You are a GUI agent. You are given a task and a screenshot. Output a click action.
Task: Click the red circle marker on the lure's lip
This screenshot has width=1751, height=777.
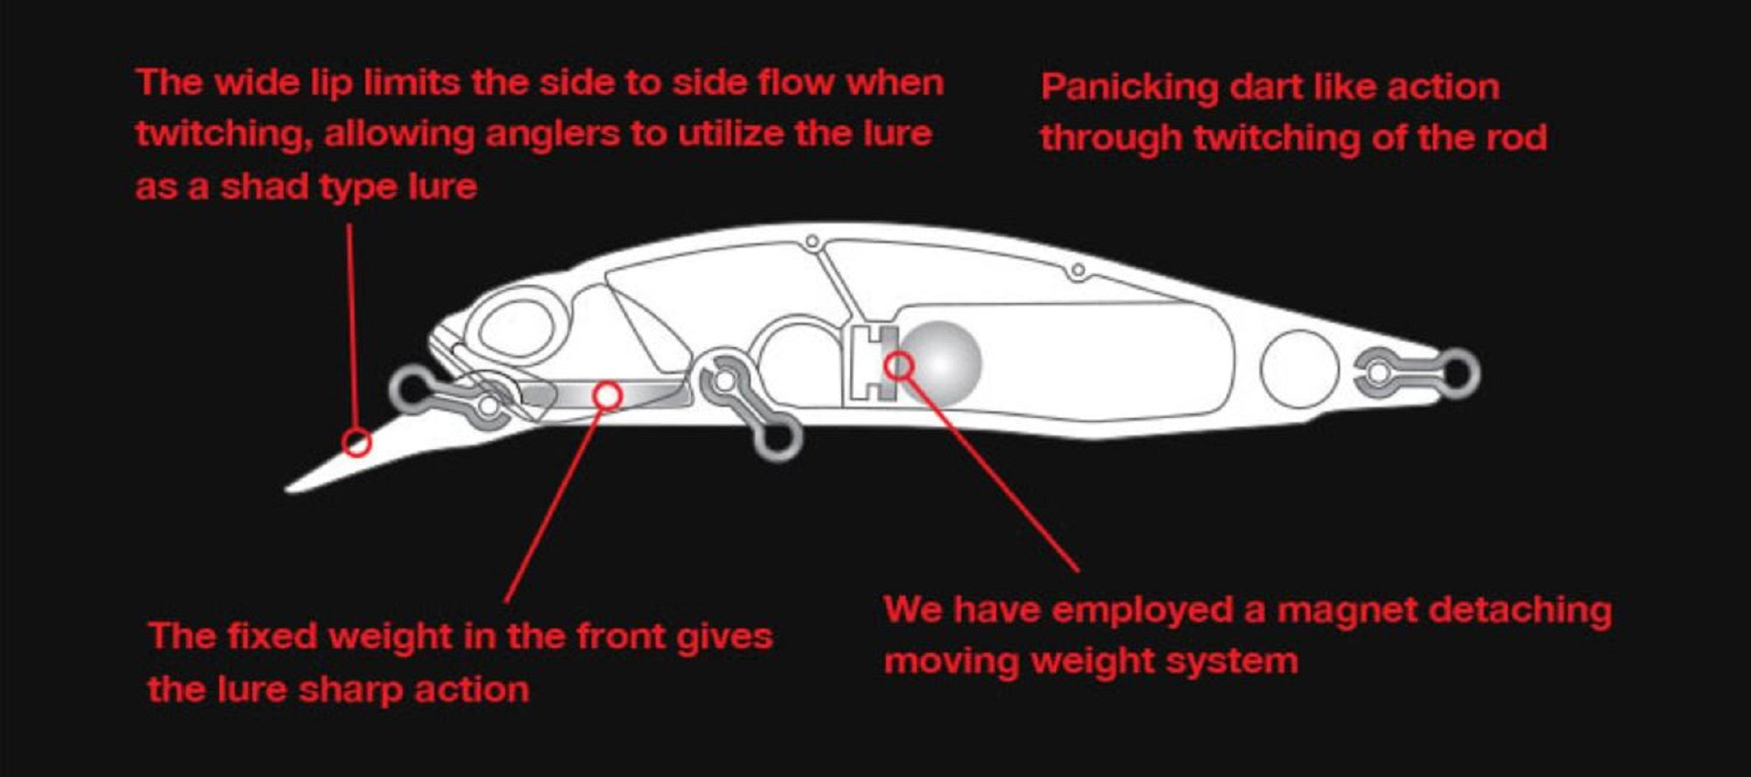tap(356, 442)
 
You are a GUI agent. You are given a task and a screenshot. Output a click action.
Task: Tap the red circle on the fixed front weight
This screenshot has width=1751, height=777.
tap(608, 396)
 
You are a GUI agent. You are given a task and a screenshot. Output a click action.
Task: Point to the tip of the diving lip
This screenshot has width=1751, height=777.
tap(289, 488)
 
